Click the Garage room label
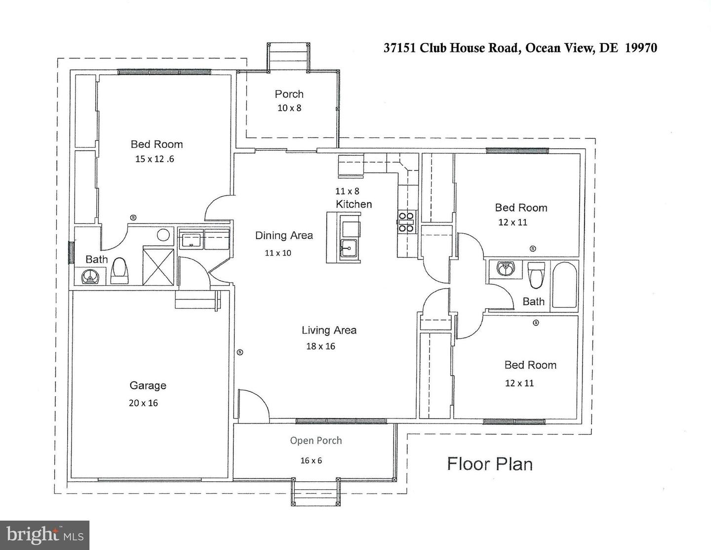pyautogui.click(x=148, y=385)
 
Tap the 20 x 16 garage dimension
pyautogui.click(x=143, y=403)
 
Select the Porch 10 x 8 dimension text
pyautogui.click(x=289, y=108)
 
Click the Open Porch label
pyautogui.click(x=316, y=441)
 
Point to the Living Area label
pyautogui.click(x=329, y=330)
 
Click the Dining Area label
pyautogui.click(x=284, y=235)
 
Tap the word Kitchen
pyautogui.click(x=354, y=204)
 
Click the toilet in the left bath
pyautogui.click(x=119, y=271)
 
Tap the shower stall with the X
pyautogui.click(x=158, y=267)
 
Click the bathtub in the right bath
pyautogui.click(x=564, y=285)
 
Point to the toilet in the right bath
pyautogui.click(x=536, y=275)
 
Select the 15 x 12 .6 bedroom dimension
pyautogui.click(x=155, y=159)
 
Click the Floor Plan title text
pyautogui.click(x=490, y=464)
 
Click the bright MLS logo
pyautogui.click(x=44, y=536)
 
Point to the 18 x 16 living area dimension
pyautogui.click(x=320, y=346)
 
